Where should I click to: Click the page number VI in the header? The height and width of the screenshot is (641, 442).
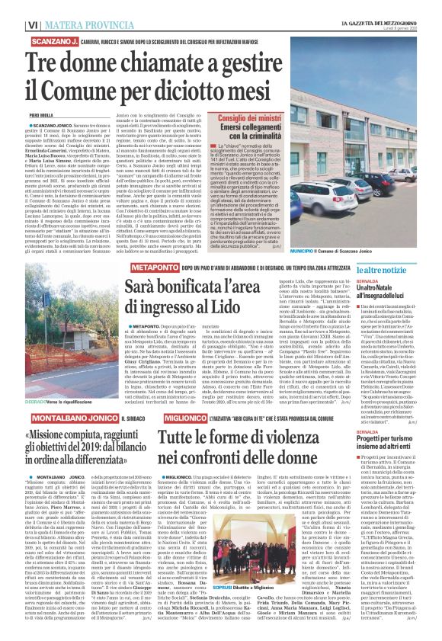(14, 6)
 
